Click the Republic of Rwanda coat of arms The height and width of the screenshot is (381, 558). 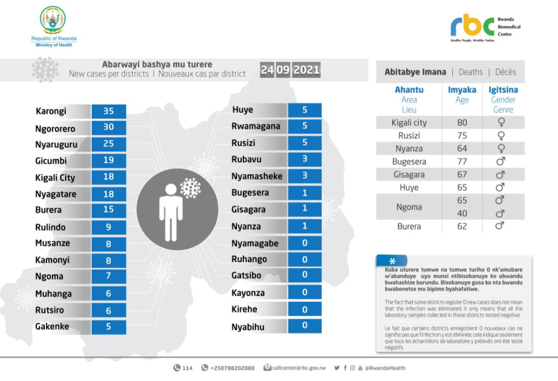(x=52, y=21)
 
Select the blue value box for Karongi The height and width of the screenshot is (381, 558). (x=108, y=110)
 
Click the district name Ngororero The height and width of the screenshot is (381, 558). (x=57, y=128)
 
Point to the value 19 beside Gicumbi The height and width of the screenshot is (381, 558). (x=108, y=161)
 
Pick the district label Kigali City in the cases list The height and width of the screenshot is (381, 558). (x=55, y=177)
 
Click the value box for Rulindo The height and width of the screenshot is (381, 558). (x=108, y=227)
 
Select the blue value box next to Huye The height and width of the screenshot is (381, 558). (x=305, y=110)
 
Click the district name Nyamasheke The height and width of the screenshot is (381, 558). (x=257, y=176)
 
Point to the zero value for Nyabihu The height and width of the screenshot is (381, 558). (x=305, y=325)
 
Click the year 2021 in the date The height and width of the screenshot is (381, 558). (x=307, y=71)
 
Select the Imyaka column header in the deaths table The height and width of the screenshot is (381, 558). (x=462, y=90)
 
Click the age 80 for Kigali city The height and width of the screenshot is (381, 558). (x=462, y=122)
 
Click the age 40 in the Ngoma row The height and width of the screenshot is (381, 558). (x=462, y=213)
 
